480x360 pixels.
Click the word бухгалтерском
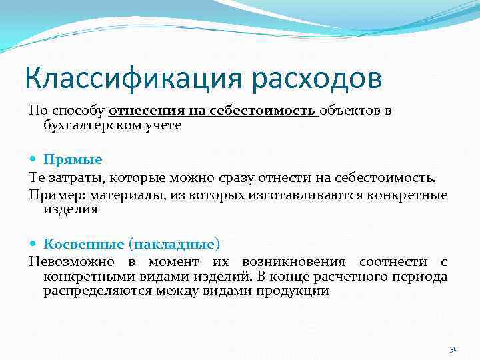click(x=86, y=125)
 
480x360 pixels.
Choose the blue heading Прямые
click(x=73, y=160)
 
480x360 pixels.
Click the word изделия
click(x=71, y=209)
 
